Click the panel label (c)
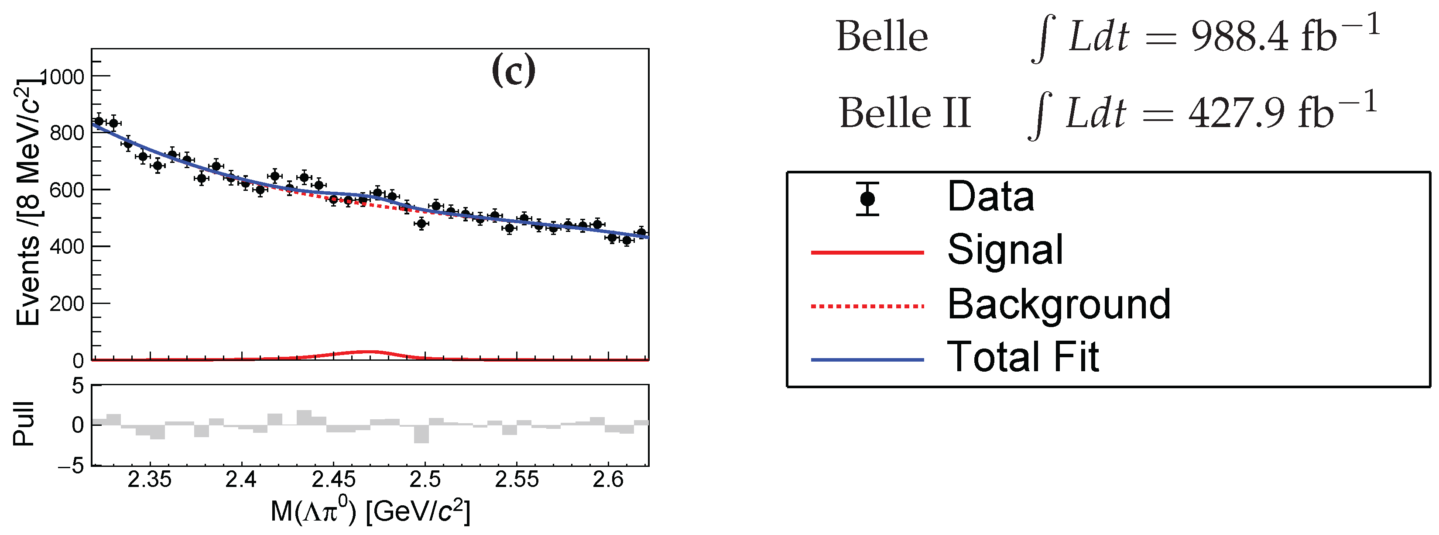pos(513,71)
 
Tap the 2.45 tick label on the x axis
pos(333,480)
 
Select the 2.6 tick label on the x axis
pos(608,480)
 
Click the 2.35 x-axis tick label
pos(150,480)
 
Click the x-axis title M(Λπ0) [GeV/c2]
pos(370,511)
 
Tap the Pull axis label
pos(24,424)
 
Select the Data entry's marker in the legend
pos(867,199)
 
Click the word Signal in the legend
pos(1005,250)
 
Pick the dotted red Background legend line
pos(867,306)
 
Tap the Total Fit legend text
pos(1023,357)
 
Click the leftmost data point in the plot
pos(99,121)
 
